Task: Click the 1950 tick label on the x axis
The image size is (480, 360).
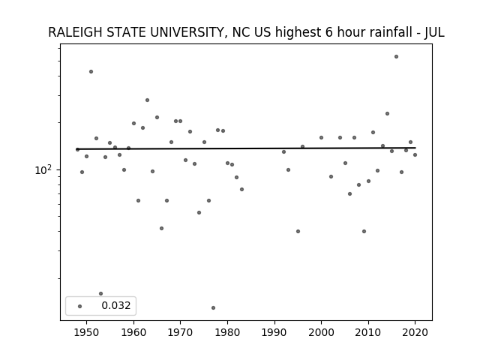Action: click(87, 332)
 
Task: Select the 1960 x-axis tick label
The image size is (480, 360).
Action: click(133, 332)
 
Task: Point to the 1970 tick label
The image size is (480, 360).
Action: click(180, 332)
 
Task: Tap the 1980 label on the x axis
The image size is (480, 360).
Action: click(227, 332)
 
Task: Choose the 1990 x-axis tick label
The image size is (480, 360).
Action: click(274, 332)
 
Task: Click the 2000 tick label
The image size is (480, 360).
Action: click(321, 332)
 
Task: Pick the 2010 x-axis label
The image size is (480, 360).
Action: click(368, 332)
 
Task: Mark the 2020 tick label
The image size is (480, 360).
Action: click(415, 332)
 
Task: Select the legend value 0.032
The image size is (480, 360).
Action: click(116, 305)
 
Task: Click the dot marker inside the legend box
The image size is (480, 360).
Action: click(80, 306)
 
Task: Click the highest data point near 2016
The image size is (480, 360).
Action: click(396, 57)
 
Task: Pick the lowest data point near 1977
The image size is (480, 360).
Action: click(213, 307)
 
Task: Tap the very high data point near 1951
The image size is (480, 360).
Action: click(91, 72)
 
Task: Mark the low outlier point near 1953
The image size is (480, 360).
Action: click(100, 293)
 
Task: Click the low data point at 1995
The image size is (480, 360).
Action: click(298, 232)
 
